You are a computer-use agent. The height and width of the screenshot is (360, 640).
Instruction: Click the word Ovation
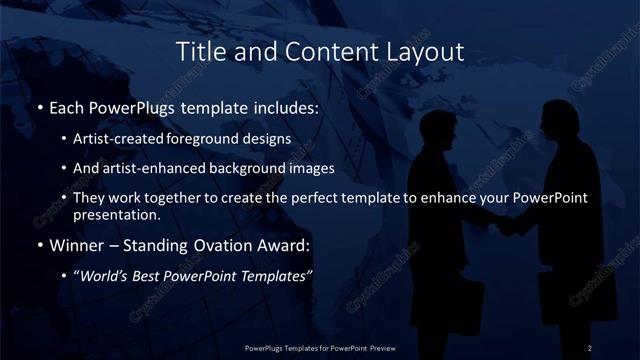[210, 245]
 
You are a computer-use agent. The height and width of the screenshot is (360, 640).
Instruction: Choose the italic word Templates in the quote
[278, 275]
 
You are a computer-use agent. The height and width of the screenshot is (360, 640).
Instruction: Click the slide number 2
[591, 347]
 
